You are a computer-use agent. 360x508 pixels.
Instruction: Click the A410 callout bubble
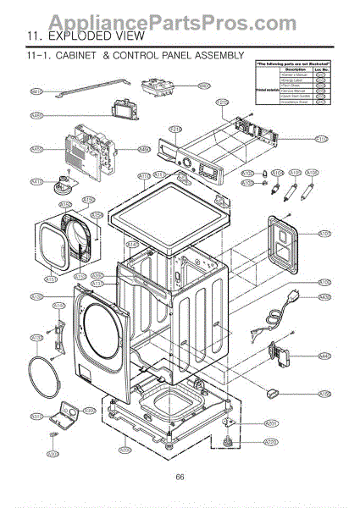pyautogui.click(x=36, y=181)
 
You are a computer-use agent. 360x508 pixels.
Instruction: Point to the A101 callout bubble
pyautogui.click(x=324, y=233)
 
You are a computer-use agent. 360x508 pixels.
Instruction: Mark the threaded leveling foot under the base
pyautogui.click(x=227, y=441)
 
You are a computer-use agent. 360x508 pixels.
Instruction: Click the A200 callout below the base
pyautogui.click(x=124, y=450)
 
